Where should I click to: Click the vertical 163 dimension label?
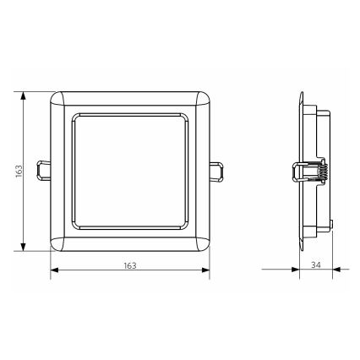(18, 170)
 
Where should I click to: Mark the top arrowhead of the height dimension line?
(25, 90)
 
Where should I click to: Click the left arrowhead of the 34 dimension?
(297, 271)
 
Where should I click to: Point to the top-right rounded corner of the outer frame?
(204, 94)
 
